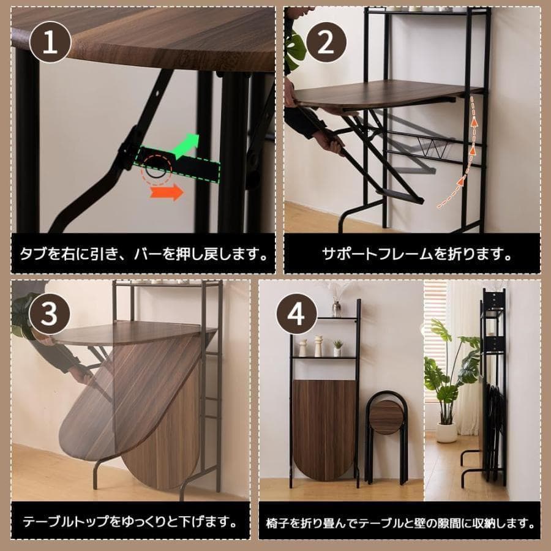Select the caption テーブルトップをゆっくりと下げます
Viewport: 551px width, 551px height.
click(x=130, y=522)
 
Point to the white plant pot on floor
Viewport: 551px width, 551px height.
click(x=446, y=432)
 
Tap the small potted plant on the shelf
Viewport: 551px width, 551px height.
click(x=337, y=348)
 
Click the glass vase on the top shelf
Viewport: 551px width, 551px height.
click(x=336, y=307)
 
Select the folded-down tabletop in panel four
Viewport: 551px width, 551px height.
click(x=324, y=429)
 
